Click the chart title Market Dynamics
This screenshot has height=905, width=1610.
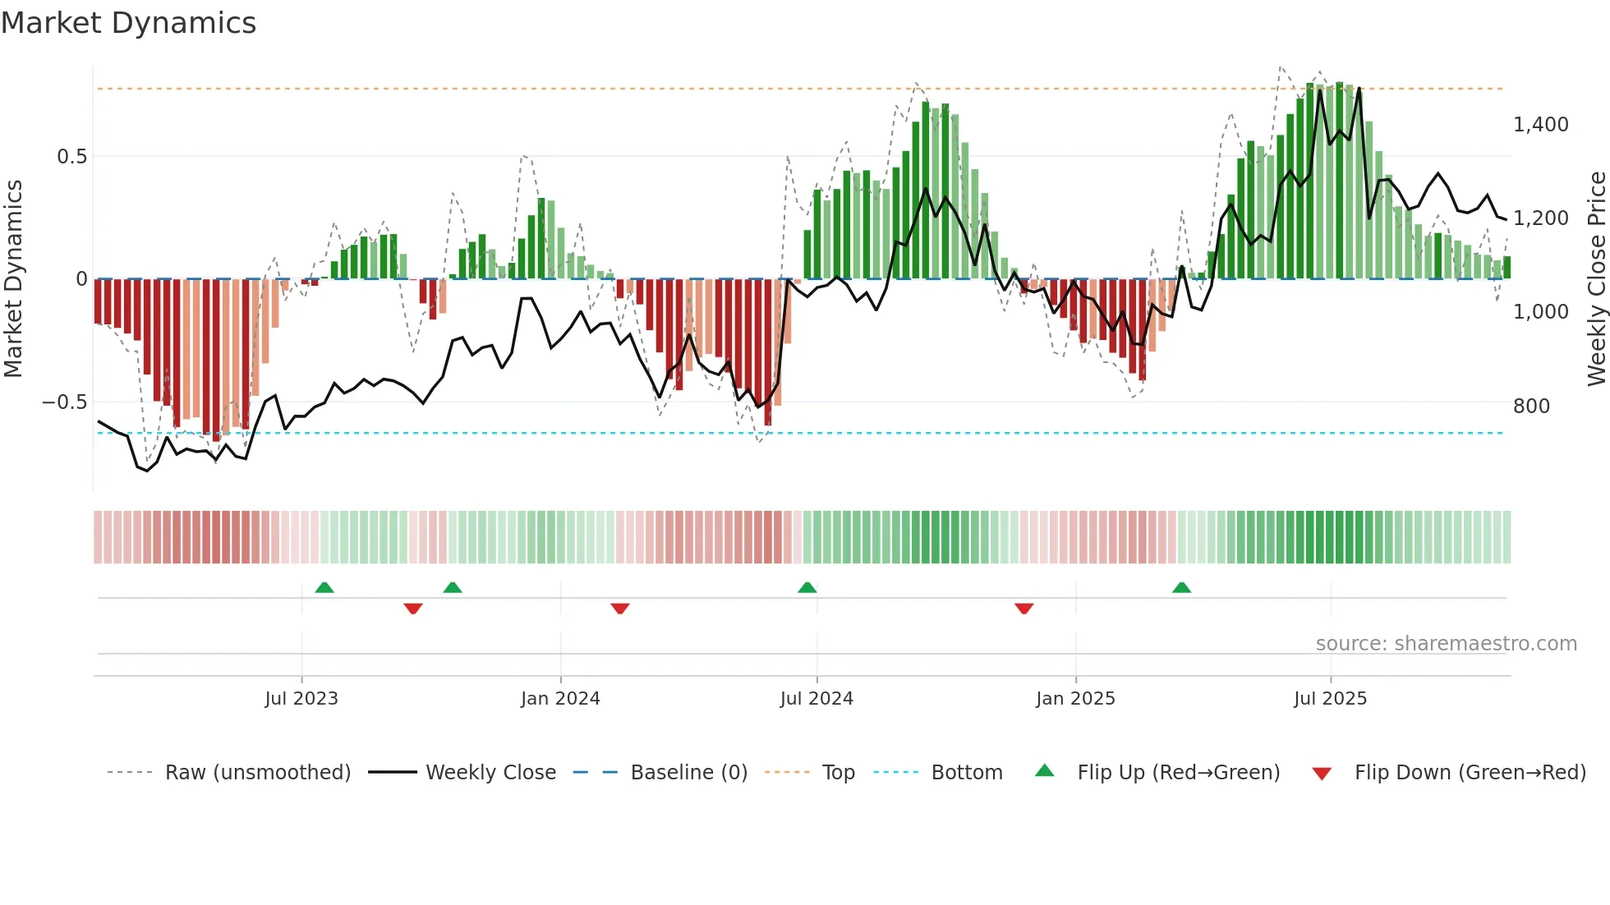tap(128, 23)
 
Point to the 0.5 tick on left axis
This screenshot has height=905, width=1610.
tap(71, 156)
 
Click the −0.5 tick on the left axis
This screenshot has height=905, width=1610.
tap(64, 402)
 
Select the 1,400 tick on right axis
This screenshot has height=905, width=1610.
tap(1540, 125)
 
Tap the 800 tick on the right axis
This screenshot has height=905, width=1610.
tap(1531, 407)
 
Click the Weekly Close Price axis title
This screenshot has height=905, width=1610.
tap(1596, 279)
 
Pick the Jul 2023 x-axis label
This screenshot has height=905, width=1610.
tap(301, 699)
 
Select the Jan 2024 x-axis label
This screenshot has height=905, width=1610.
tap(560, 699)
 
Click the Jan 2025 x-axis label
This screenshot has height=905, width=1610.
tap(1075, 699)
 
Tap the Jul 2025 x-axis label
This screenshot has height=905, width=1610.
tap(1330, 699)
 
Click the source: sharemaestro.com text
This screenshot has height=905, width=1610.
tap(1446, 644)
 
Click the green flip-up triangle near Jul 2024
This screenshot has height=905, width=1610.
tap(807, 588)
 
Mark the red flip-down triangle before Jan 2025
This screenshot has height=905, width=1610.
tap(1023, 609)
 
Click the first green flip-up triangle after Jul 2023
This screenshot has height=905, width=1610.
tap(324, 588)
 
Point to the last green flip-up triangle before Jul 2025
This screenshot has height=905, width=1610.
tap(1181, 588)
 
